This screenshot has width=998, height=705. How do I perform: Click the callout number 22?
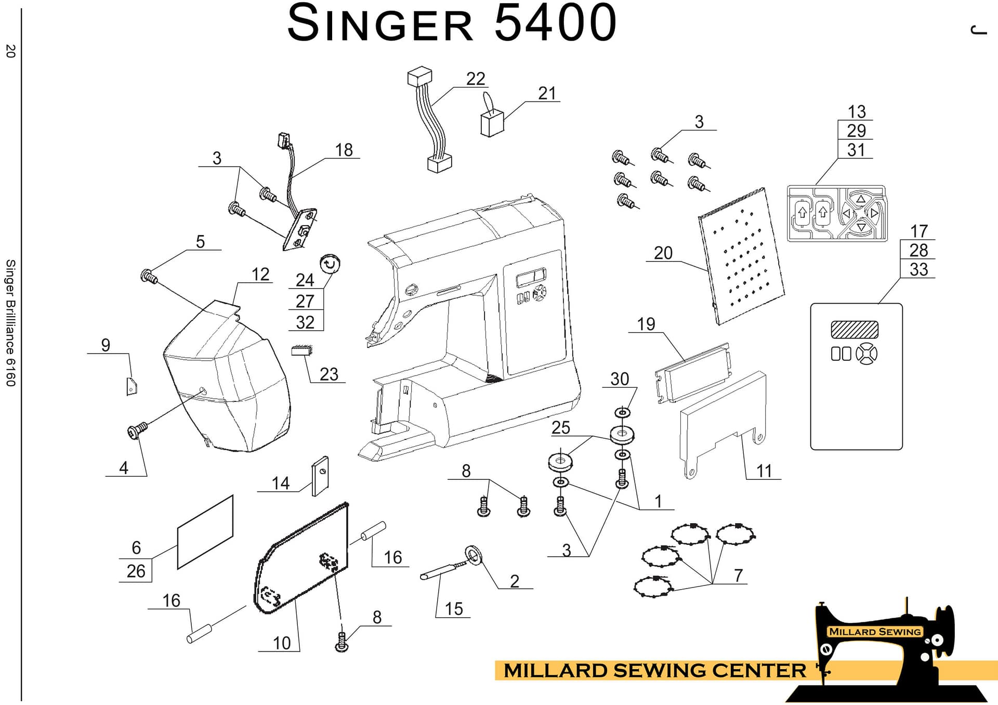pos(476,79)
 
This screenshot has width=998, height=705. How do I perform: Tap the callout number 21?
pos(547,94)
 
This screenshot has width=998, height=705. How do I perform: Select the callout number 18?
pos(344,150)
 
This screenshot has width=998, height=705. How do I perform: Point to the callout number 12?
pos(260,275)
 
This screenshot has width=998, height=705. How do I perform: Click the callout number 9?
pos(106,345)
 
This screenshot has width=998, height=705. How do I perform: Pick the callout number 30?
pos(620,379)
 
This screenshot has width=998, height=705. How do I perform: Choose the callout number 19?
pos(646,324)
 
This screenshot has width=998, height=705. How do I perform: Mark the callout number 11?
pos(764,471)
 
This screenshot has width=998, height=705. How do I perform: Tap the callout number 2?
pos(515,581)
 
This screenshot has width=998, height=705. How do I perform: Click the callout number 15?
pos(454,609)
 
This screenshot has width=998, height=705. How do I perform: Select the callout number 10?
pos(282,643)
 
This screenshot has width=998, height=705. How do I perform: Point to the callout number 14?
pos(281,483)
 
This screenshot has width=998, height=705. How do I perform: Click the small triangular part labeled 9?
pos(132,386)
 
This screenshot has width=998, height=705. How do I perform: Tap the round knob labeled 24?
pos(330,264)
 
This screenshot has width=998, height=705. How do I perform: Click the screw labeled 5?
pos(149,276)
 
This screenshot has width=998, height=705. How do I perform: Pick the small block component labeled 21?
pos(492,124)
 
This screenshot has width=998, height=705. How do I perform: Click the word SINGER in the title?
pos(380,24)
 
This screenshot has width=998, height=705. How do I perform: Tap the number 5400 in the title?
pos(555,23)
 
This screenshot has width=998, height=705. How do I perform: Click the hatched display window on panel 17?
pos(855,329)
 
